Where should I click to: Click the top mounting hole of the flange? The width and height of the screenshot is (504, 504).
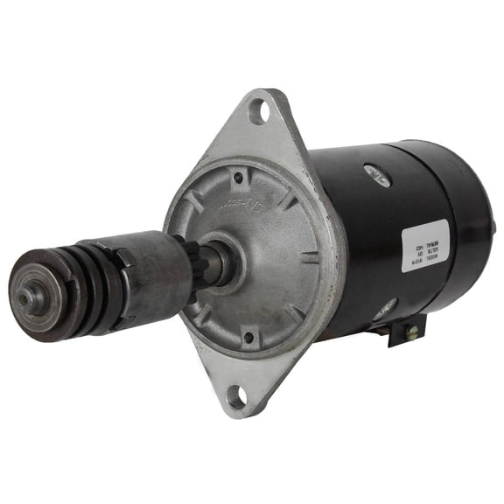tap(258, 111)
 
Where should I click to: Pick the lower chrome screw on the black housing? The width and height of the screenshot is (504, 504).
tap(386, 307)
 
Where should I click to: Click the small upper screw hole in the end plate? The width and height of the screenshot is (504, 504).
tap(237, 178)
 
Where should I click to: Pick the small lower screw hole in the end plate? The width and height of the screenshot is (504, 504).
tap(248, 336)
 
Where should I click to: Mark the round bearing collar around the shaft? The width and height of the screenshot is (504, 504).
tap(229, 260)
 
